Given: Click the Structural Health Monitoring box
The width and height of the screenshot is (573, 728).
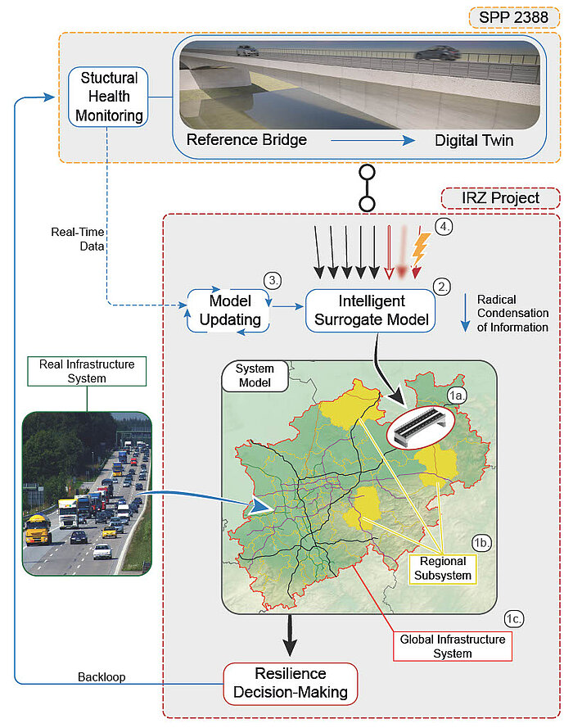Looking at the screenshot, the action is click(x=108, y=97).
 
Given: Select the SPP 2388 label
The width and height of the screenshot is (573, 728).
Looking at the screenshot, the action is click(x=514, y=18).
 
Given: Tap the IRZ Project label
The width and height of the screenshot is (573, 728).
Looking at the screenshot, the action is click(x=500, y=198).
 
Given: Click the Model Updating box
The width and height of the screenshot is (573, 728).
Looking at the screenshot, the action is click(x=230, y=310).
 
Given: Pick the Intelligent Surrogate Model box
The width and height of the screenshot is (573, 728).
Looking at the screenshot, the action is click(x=371, y=310).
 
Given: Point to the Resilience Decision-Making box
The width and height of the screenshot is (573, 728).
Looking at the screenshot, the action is click(x=291, y=683).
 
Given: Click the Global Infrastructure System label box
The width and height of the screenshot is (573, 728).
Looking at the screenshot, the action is click(x=453, y=646).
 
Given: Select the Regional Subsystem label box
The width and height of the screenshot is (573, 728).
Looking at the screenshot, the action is click(x=443, y=568).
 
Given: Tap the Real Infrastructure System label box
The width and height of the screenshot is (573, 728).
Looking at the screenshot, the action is click(x=87, y=371).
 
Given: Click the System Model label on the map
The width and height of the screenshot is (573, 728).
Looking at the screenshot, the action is click(x=255, y=376).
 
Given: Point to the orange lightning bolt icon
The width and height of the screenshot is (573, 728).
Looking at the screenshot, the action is click(x=421, y=248).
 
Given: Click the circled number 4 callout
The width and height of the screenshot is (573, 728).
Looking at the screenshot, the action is click(x=444, y=227).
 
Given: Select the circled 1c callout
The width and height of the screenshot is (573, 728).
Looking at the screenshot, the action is click(x=513, y=619).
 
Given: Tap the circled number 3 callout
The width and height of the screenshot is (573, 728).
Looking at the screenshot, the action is click(x=273, y=280).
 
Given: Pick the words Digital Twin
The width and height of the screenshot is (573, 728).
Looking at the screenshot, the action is click(x=474, y=140).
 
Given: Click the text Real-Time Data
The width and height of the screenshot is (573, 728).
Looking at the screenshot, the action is click(x=78, y=239).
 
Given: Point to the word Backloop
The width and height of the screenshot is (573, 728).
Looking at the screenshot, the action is click(x=102, y=677).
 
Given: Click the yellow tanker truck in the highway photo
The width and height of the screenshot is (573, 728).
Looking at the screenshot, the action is click(x=38, y=529).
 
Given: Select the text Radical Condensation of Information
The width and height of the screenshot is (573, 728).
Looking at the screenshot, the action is click(x=512, y=314).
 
